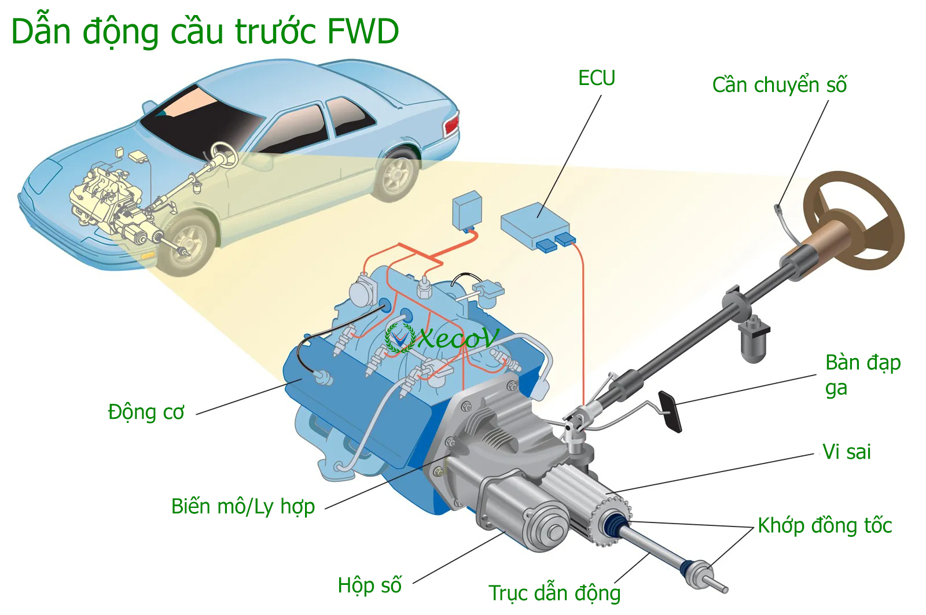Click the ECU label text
click(x=596, y=78)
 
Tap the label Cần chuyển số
click(x=779, y=85)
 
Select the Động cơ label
click(x=146, y=412)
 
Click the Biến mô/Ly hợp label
click(x=243, y=506)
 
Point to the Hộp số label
click(x=369, y=585)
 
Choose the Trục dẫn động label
click(x=554, y=593)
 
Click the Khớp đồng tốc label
click(x=824, y=525)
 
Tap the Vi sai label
click(x=846, y=452)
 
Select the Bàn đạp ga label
click(x=862, y=374)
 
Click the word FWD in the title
click(x=363, y=31)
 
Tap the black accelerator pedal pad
click(x=671, y=411)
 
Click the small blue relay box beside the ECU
click(x=466, y=209)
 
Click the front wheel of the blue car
click(x=186, y=244)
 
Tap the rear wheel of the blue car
click(x=397, y=173)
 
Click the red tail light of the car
click(x=452, y=124)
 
